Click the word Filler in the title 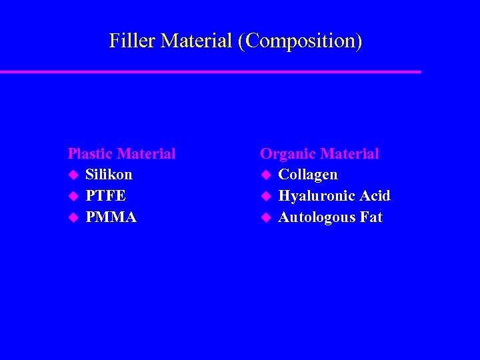point(132,41)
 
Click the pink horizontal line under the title point(211,71)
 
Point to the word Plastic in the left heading point(89,154)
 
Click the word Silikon point(109,175)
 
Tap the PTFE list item point(105,196)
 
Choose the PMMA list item point(111,217)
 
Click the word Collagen point(308,175)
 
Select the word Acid point(375,196)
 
